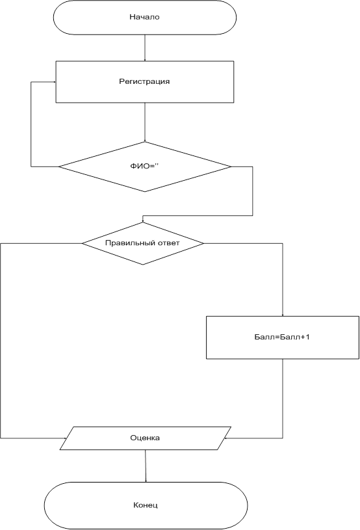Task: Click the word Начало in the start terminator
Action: (144, 17)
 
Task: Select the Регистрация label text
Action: (144, 82)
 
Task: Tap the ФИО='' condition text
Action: (144, 166)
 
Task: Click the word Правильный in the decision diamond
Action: (125, 243)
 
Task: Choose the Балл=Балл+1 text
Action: (282, 337)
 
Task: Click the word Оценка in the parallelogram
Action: (145, 438)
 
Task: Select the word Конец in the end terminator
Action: (145, 505)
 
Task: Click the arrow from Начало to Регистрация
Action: (145, 47)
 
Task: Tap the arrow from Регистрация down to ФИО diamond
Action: (145, 122)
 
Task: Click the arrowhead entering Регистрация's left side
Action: (54, 82)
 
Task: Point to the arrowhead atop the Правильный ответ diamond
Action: (142, 220)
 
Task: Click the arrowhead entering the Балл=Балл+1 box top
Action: (283, 315)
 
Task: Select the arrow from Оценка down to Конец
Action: (146, 466)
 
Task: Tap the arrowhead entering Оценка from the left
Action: (64, 438)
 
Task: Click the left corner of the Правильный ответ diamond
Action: (82, 243)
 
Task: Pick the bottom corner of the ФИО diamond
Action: (145, 192)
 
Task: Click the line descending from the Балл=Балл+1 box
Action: (283, 399)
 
